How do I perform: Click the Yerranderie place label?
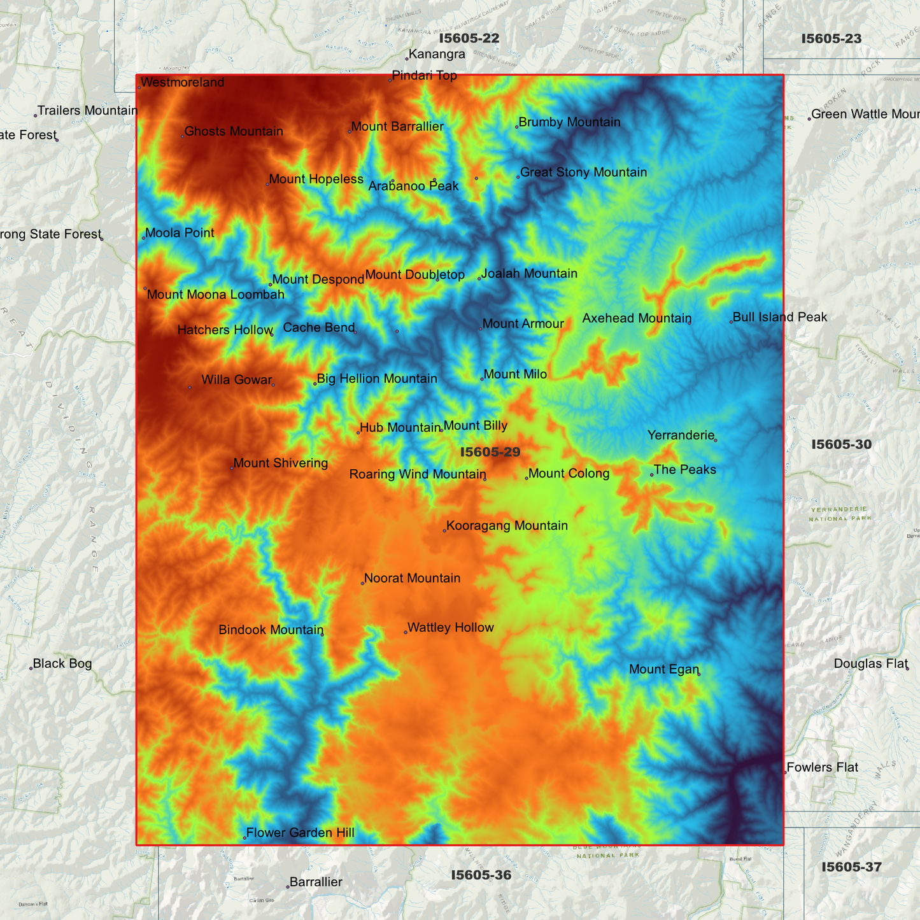click(x=681, y=435)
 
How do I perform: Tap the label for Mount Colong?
click(x=569, y=474)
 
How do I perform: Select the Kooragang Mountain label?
click(x=507, y=526)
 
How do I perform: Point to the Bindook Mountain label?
click(x=271, y=630)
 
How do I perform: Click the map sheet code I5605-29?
click(x=490, y=453)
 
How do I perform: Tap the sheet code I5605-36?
click(x=481, y=875)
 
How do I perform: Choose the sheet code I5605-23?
click(x=831, y=39)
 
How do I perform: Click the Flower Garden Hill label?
click(x=300, y=833)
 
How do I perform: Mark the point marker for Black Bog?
click(x=31, y=668)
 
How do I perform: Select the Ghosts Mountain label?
click(x=233, y=132)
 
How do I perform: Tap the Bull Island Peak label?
click(x=779, y=317)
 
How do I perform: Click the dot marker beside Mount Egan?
click(x=698, y=674)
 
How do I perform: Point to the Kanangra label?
click(x=437, y=55)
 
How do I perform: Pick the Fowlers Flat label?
click(x=822, y=768)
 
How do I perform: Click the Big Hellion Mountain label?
click(x=376, y=379)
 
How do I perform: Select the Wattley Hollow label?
click(x=450, y=628)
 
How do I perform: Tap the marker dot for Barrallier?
click(x=288, y=887)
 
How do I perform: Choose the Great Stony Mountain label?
click(x=583, y=173)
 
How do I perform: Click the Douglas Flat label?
click(x=870, y=664)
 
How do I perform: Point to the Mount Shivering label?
click(x=280, y=464)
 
